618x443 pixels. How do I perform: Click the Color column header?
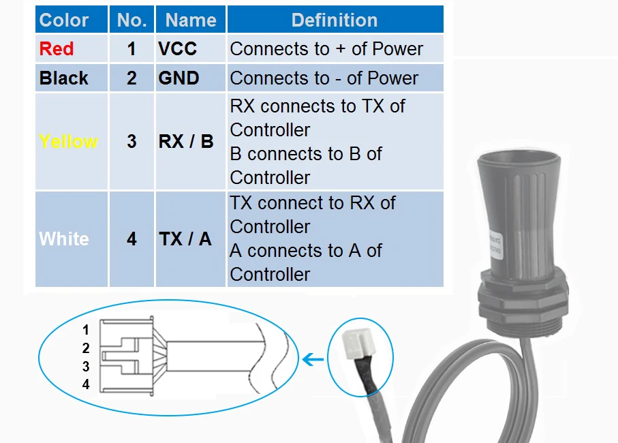tap(64, 20)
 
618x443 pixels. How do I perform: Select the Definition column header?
tap(335, 20)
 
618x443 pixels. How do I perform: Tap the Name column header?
tap(191, 20)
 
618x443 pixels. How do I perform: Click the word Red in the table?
tap(57, 49)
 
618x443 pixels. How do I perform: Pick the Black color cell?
tap(64, 78)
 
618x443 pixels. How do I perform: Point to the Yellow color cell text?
tap(68, 141)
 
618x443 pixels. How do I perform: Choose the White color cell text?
tap(64, 239)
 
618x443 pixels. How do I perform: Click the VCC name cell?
tap(177, 49)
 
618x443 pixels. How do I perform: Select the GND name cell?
tap(179, 78)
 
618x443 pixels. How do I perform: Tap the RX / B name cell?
tap(186, 142)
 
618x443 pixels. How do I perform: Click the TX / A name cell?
tap(185, 239)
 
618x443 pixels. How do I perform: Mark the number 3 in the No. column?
tap(132, 142)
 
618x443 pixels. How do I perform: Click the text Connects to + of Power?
tap(326, 49)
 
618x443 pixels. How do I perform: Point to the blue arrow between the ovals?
tap(313, 359)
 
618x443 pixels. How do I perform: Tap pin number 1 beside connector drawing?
tap(86, 330)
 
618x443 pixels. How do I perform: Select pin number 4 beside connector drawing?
tap(86, 384)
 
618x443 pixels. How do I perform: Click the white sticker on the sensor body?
tap(496, 245)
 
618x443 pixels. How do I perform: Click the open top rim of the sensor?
tap(519, 157)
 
